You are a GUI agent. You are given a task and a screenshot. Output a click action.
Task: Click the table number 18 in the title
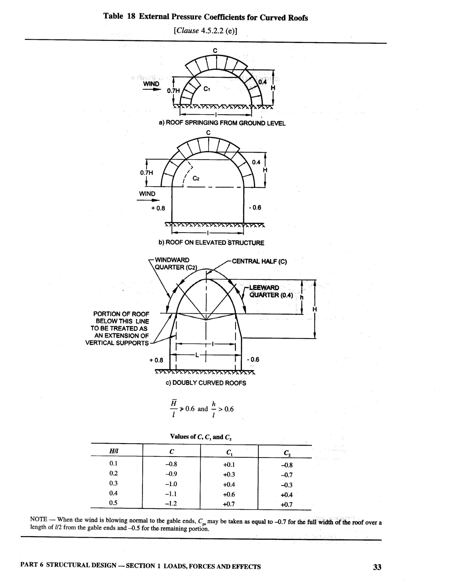coord(131,17)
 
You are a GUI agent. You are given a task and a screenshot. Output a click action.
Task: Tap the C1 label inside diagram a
coord(207,89)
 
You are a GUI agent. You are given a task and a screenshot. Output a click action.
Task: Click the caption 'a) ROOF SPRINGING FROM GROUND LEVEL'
coord(222,123)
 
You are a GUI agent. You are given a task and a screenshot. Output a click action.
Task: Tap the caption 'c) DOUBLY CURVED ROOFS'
coord(206,383)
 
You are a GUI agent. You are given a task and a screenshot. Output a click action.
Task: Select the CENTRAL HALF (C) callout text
coord(259,262)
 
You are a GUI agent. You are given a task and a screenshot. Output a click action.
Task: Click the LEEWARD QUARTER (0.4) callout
coord(271,291)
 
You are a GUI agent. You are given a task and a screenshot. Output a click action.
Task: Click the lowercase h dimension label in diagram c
coord(301,297)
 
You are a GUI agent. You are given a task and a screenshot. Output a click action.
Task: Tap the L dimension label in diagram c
coord(197,355)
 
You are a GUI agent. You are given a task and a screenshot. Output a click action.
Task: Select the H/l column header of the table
coord(114,451)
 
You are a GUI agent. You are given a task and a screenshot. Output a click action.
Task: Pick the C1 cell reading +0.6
coord(229,494)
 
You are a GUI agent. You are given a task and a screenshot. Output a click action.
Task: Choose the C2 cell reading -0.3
coord(287,485)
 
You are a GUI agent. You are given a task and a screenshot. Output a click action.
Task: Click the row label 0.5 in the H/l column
coord(113,503)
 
